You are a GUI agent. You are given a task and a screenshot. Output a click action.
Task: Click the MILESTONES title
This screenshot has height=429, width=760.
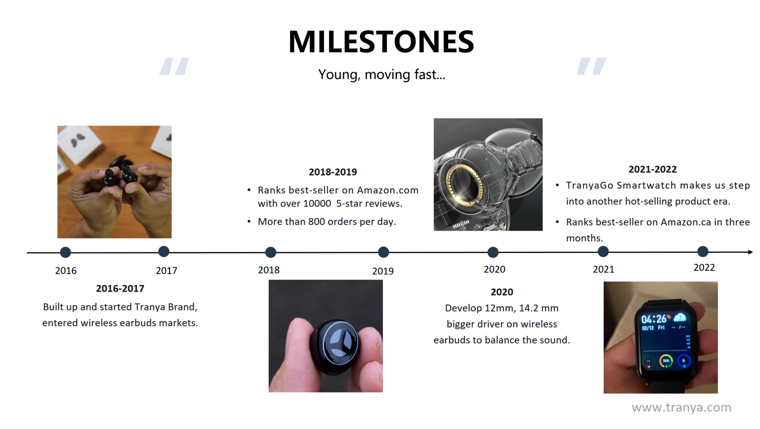pos(381,42)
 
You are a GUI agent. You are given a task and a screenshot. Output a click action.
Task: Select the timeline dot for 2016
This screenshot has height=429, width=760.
pos(66,252)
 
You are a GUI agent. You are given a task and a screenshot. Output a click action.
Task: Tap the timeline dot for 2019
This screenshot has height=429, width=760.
pos(383,252)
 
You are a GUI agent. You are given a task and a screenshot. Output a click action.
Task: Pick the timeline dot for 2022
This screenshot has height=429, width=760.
pos(703,251)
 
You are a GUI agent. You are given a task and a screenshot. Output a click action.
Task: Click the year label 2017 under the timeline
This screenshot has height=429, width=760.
pos(166,270)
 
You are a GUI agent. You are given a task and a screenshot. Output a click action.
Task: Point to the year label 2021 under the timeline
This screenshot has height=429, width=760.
pos(603,269)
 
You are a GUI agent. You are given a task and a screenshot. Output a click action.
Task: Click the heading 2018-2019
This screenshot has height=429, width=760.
pos(333,172)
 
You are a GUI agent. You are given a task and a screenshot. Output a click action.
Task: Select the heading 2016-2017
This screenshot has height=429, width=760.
pos(120,288)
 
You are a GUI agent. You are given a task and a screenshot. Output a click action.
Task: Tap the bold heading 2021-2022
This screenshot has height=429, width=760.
pos(652,169)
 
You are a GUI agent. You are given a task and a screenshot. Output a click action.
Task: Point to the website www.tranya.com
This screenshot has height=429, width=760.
pos(681,407)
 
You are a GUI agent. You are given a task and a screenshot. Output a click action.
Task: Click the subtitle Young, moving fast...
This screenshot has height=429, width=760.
pos(382,74)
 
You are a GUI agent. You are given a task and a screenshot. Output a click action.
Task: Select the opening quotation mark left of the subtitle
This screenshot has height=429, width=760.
pos(174,66)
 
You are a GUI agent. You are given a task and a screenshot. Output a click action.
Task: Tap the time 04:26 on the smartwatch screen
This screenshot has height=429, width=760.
pos(654,319)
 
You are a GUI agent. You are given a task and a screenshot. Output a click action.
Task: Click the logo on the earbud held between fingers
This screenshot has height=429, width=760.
pos(340,343)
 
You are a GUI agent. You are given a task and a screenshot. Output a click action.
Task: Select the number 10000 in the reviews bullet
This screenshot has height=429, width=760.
pos(317,203)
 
